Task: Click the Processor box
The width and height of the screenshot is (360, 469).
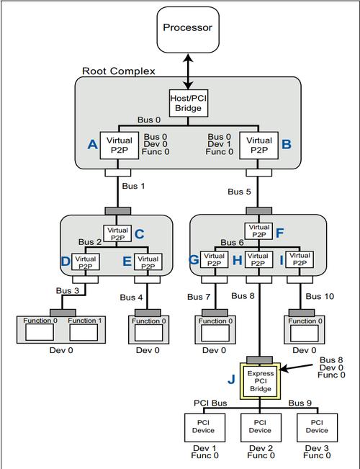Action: coord(188,30)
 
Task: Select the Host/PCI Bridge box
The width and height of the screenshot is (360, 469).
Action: coord(189,103)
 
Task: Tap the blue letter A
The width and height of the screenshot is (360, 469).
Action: coord(92,145)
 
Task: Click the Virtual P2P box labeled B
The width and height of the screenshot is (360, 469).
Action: coord(259,146)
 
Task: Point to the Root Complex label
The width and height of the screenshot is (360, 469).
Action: coord(119,71)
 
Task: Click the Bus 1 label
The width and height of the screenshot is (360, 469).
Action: coord(133,186)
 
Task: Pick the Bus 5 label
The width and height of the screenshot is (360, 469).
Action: coord(239,192)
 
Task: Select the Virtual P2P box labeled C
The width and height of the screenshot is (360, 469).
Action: coord(117,233)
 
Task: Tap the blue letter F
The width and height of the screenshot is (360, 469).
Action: coord(279,233)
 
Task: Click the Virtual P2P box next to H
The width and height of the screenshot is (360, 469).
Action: coord(258,259)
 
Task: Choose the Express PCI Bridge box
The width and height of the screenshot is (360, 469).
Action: coord(260,381)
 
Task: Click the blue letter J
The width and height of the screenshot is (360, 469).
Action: coord(231,379)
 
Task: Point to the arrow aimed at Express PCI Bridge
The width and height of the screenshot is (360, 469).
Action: coord(296,368)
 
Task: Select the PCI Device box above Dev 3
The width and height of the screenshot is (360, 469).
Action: coord(318,428)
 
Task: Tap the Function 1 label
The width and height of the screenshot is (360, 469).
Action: coord(85,321)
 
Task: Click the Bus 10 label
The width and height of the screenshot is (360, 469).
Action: coord(320,296)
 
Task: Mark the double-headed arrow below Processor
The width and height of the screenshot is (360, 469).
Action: coord(188,71)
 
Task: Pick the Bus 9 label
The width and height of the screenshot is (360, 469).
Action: coord(300,403)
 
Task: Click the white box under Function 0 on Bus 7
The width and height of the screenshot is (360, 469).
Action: coord(215,334)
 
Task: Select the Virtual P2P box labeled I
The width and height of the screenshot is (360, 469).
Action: coord(300,259)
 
